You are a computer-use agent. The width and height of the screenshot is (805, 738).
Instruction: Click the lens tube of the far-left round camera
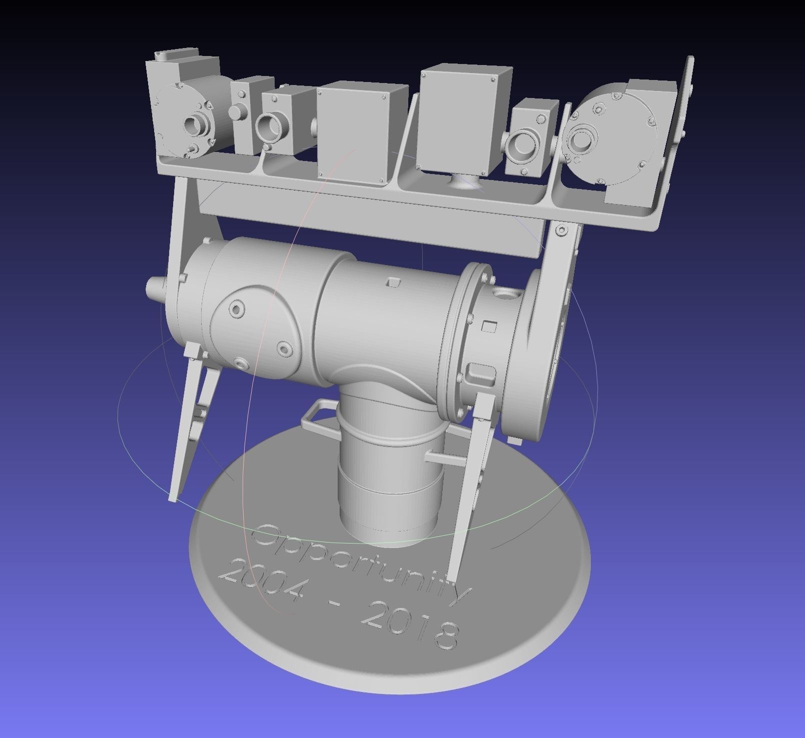click(x=197, y=123)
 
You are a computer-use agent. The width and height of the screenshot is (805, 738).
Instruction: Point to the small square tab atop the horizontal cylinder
click(x=394, y=283)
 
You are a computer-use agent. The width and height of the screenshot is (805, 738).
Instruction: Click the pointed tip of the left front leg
click(x=173, y=497)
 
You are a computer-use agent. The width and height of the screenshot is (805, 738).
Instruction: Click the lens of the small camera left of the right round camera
click(x=523, y=143)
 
